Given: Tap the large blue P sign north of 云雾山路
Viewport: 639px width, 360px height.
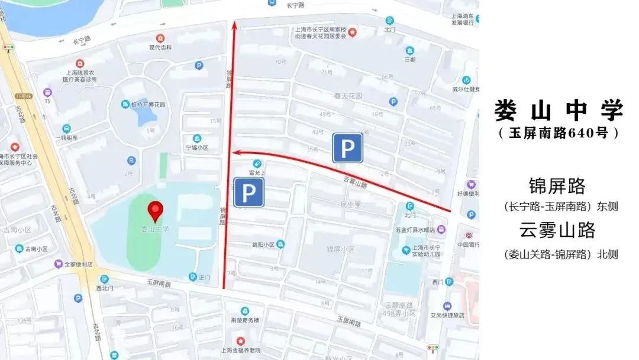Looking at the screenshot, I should pyautogui.click(x=347, y=147).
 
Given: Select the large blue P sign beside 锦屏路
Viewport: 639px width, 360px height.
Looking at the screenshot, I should pyautogui.click(x=248, y=192).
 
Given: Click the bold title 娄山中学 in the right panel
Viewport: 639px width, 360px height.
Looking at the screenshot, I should pyautogui.click(x=559, y=110).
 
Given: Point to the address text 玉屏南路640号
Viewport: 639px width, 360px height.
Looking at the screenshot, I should pyautogui.click(x=559, y=133).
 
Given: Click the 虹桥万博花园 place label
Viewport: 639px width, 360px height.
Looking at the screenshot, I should pyautogui.click(x=147, y=104).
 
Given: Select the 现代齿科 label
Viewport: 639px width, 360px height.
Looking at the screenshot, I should pyautogui.click(x=160, y=47).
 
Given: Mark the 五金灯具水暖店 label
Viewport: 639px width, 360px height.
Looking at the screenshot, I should pyautogui.click(x=415, y=230).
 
